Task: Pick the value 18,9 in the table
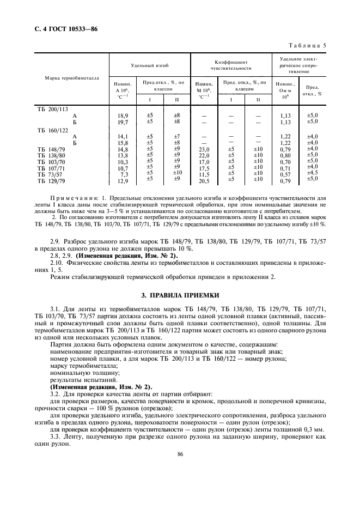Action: (123, 116)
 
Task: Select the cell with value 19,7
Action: (123, 122)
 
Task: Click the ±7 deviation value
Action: (176, 136)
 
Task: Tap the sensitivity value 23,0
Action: (204, 149)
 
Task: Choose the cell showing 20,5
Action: (204, 181)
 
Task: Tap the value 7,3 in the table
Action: (124, 174)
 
